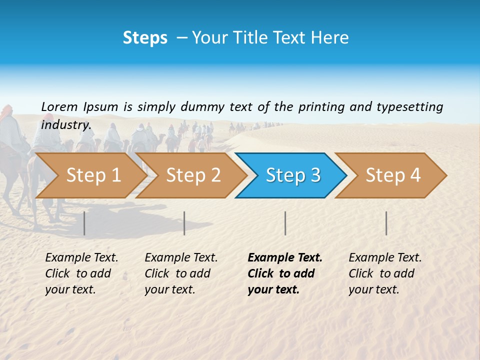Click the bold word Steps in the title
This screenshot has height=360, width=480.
[145, 38]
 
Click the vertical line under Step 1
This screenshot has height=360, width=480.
[84, 223]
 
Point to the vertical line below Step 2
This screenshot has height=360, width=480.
[184, 223]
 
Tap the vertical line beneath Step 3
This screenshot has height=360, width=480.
[285, 223]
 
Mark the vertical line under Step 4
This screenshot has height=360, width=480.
[386, 223]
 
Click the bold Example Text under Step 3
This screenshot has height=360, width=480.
[285, 273]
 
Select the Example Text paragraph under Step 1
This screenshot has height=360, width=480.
[81, 273]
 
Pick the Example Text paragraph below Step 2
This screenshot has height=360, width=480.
[181, 273]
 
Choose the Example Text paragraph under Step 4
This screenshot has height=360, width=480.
[385, 273]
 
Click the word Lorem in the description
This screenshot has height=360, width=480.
[59, 106]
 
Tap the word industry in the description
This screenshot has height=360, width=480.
[65, 124]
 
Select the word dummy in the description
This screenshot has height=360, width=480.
[202, 106]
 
